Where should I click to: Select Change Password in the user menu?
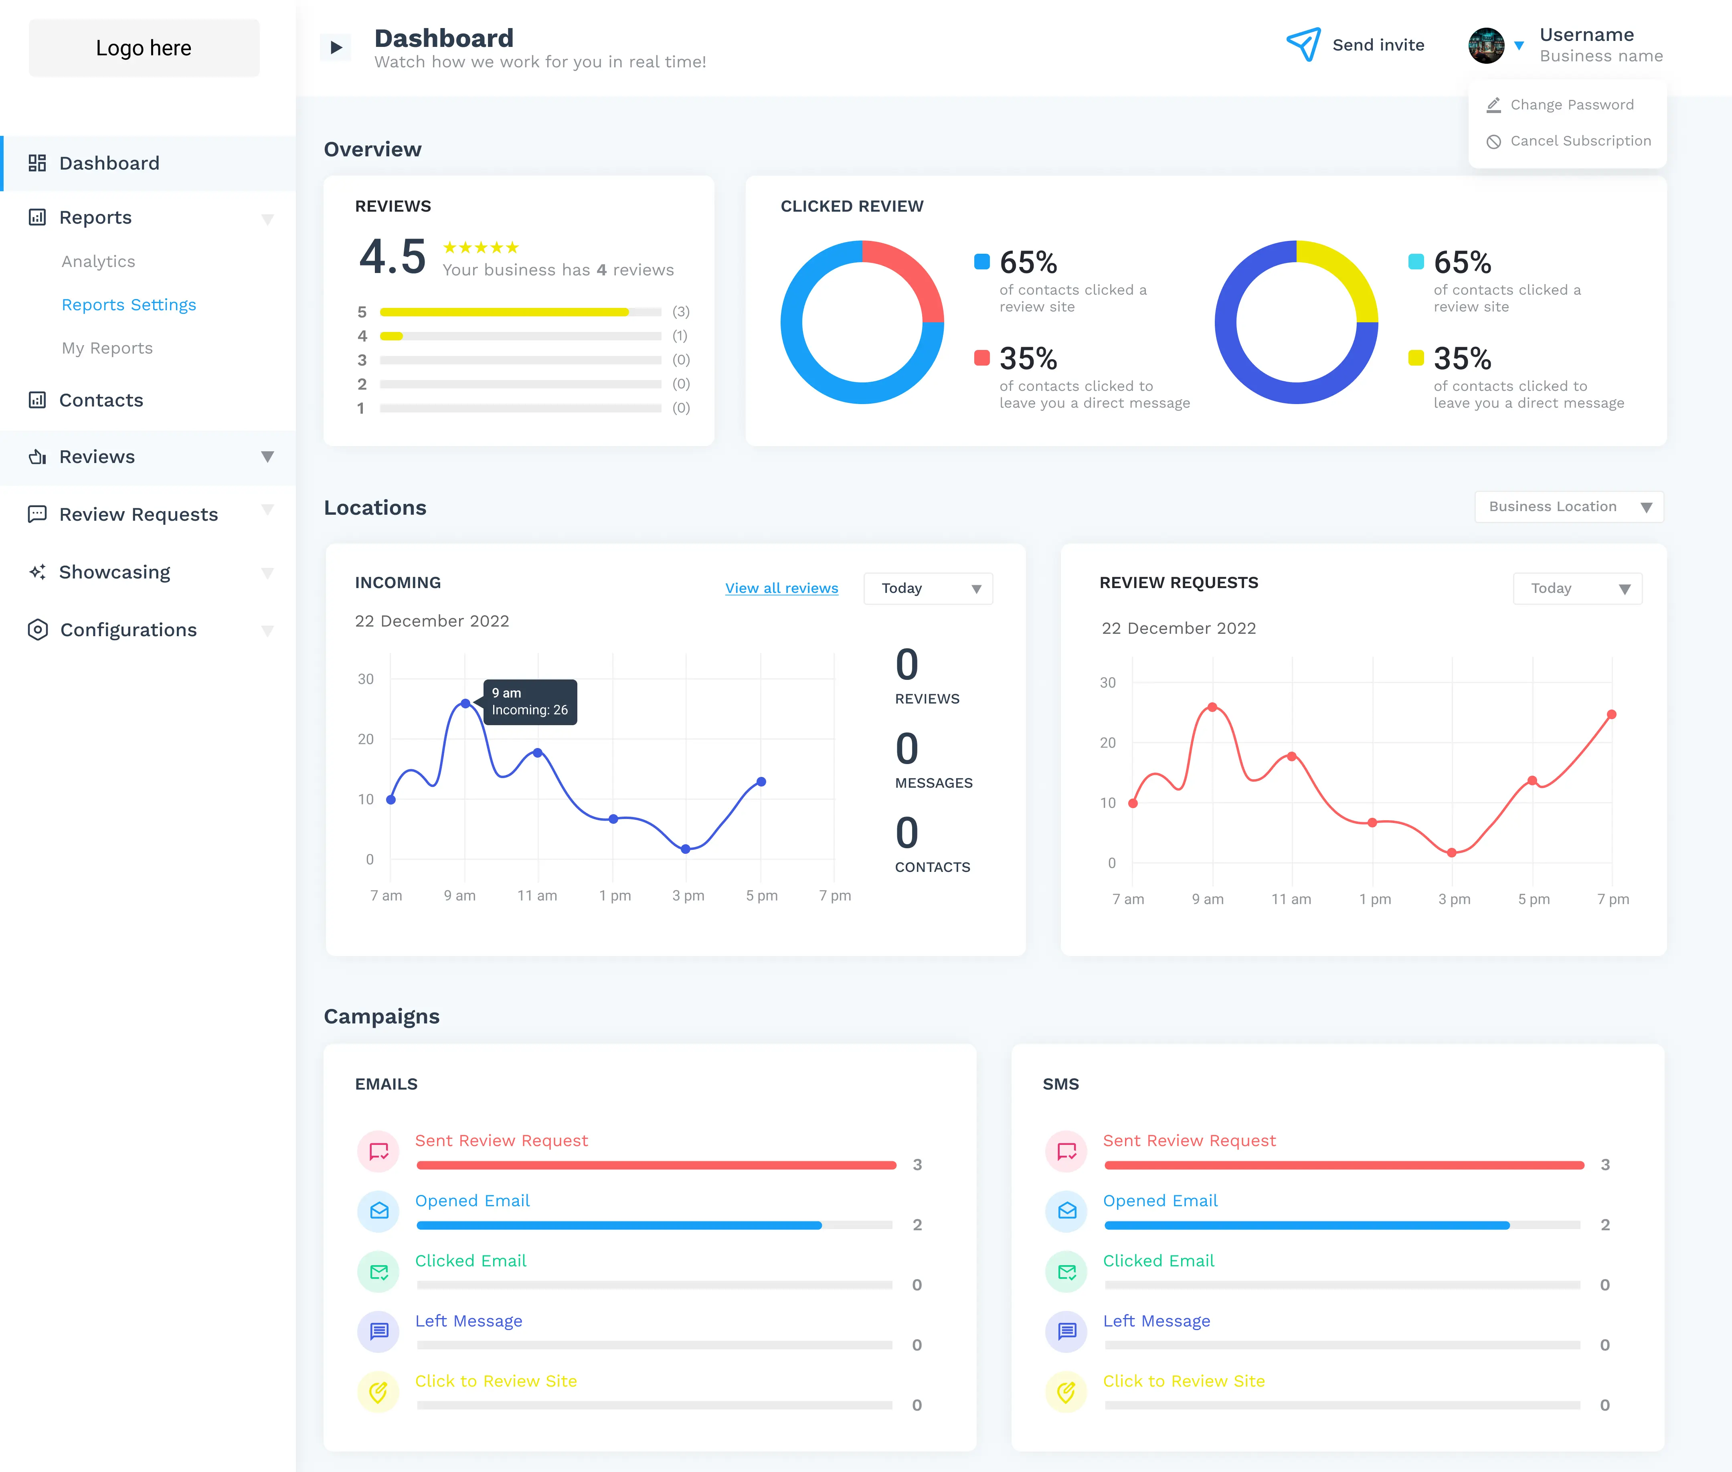(x=1572, y=104)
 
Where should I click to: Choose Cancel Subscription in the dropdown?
(x=1580, y=141)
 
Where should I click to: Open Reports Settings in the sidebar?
(x=129, y=305)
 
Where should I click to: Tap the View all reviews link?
(x=781, y=588)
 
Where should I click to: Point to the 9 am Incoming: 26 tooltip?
(x=530, y=702)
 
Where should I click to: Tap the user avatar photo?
(x=1486, y=45)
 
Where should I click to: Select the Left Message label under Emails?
(x=468, y=1321)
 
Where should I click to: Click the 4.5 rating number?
(x=393, y=256)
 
